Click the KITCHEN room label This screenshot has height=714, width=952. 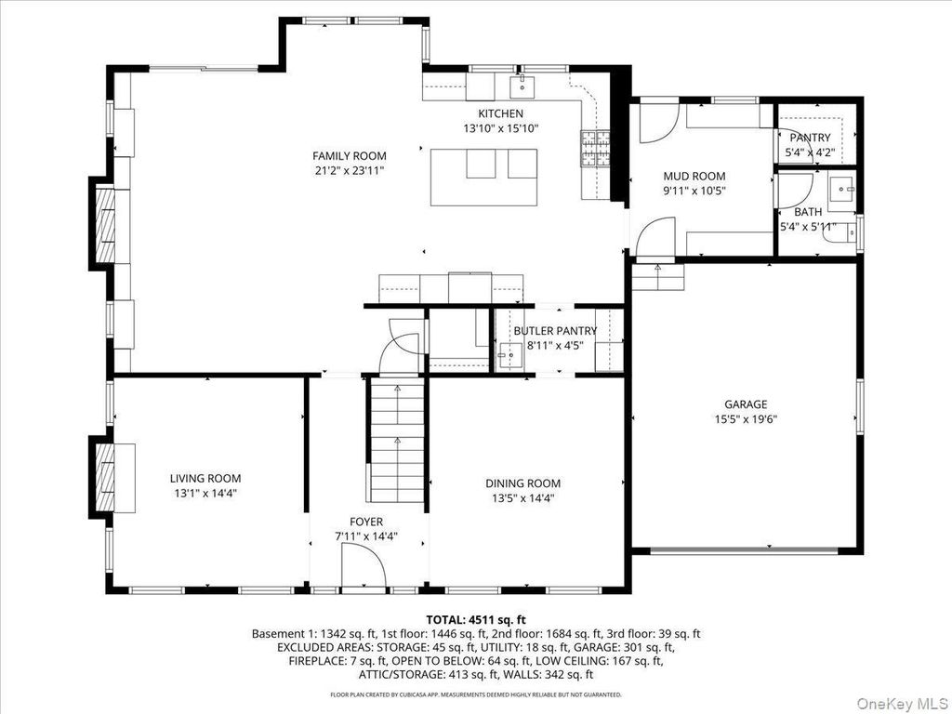pyautogui.click(x=500, y=113)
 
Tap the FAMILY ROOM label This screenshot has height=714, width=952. pyautogui.click(x=350, y=156)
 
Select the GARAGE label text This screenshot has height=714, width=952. pyautogui.click(x=746, y=404)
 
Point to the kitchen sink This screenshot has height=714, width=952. pyautogui.click(x=522, y=86)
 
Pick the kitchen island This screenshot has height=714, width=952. pyautogui.click(x=484, y=178)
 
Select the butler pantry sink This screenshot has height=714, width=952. pyautogui.click(x=509, y=353)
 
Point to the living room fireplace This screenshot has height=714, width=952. pyautogui.click(x=106, y=478)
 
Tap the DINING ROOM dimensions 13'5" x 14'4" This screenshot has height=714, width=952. pyautogui.click(x=523, y=498)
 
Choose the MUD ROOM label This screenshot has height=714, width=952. pyautogui.click(x=694, y=176)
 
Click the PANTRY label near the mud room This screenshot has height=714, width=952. pyautogui.click(x=810, y=138)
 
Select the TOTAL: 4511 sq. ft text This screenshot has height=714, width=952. pyautogui.click(x=476, y=620)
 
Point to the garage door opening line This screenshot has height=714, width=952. pyautogui.click(x=744, y=550)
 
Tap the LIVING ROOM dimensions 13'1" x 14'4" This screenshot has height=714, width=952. pyautogui.click(x=205, y=494)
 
